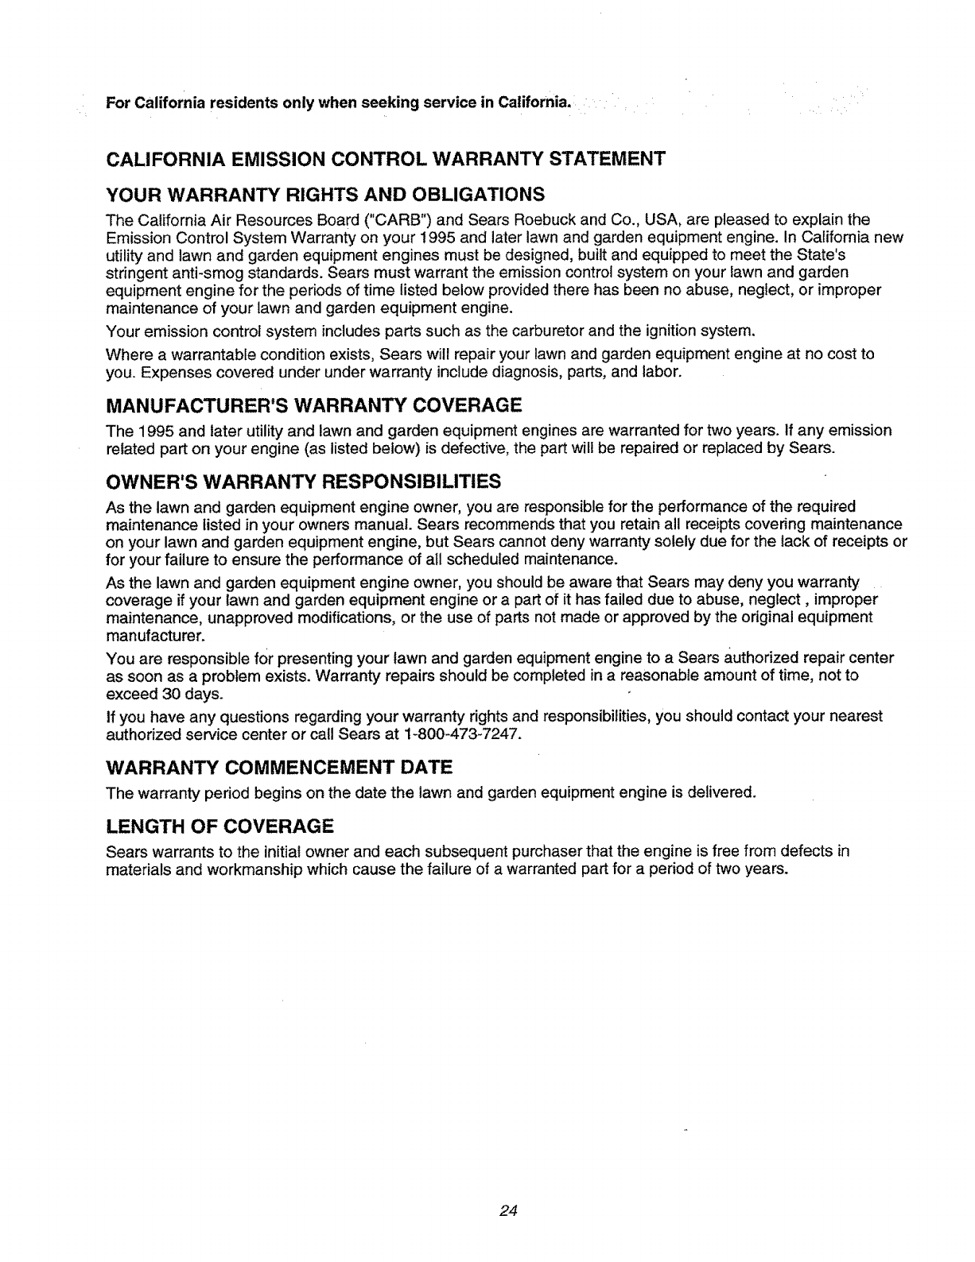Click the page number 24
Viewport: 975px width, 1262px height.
coord(509,1210)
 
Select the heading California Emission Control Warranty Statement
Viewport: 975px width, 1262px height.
coord(385,157)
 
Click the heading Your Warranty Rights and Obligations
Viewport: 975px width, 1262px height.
coord(325,195)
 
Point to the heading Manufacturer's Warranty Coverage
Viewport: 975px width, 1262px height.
coord(313,407)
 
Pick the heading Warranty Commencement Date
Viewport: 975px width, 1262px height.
coord(279,768)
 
